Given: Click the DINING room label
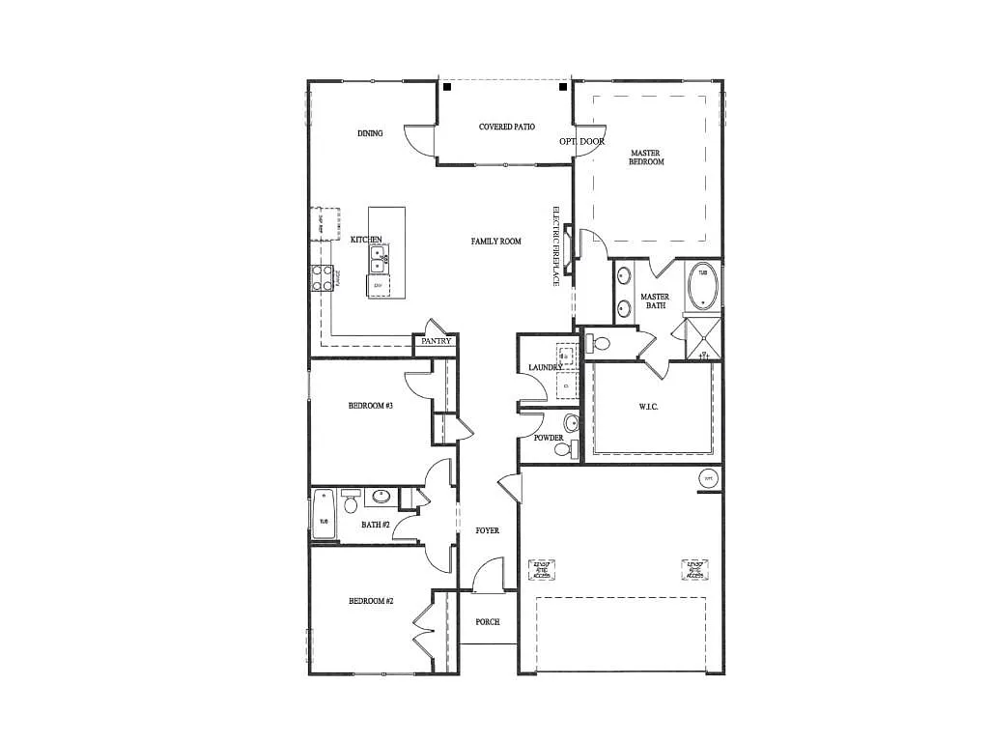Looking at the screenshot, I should pyautogui.click(x=370, y=133).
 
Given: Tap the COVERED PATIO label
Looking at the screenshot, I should pyautogui.click(x=507, y=127).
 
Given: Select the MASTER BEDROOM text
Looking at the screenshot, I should pyautogui.click(x=646, y=157).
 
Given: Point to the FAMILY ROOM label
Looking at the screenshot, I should pyautogui.click(x=495, y=241).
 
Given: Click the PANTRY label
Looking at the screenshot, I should pyautogui.click(x=437, y=341).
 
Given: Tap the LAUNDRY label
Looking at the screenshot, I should pyautogui.click(x=546, y=367).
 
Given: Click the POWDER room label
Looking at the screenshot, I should pyautogui.click(x=549, y=438).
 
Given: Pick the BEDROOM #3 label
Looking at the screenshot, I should pyautogui.click(x=370, y=406).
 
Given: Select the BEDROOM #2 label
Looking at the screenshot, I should pyautogui.click(x=371, y=601).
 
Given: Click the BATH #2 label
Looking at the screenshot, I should pyautogui.click(x=376, y=525).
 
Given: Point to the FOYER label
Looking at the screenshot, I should pyautogui.click(x=488, y=530).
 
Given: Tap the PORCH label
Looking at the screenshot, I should pyautogui.click(x=488, y=621).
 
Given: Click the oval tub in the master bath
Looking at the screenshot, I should pyautogui.click(x=702, y=285).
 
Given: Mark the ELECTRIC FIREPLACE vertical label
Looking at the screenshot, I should pyautogui.click(x=556, y=247).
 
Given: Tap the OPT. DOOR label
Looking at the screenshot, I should pyautogui.click(x=581, y=141).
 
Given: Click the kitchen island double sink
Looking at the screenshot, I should pyautogui.click(x=379, y=260).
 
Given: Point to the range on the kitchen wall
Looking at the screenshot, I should pyautogui.click(x=322, y=278).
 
